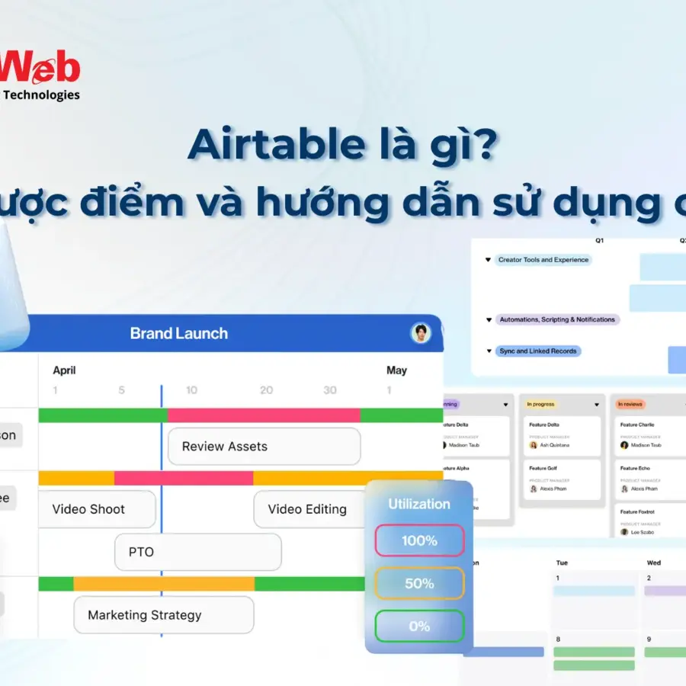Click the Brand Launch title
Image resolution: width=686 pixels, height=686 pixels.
pos(178,333)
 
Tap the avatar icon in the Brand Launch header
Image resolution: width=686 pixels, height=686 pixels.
pos(420,333)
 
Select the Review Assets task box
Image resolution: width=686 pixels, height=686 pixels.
pos(263,447)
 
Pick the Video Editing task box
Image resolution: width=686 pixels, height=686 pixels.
pos(308,509)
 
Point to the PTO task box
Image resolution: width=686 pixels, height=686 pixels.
pos(197,552)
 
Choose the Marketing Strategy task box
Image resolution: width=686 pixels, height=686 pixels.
pos(163,615)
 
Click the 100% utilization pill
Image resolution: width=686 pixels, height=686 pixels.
pos(419,540)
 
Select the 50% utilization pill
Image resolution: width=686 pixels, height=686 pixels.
pos(419,583)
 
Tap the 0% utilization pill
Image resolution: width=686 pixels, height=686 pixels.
pos(419,626)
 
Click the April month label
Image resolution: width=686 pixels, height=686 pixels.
pos(64,370)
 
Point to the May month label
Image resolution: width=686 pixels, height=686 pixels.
pos(396,370)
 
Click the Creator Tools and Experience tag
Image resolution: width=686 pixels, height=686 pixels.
pos(543,260)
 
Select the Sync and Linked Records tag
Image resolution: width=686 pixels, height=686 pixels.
pos(538,351)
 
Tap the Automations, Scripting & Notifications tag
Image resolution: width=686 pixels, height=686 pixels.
pos(556,319)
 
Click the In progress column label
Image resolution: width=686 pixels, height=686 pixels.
pos(541,404)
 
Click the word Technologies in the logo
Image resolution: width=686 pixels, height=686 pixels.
pos(42,95)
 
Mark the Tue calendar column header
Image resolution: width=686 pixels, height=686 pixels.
pos(562,563)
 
